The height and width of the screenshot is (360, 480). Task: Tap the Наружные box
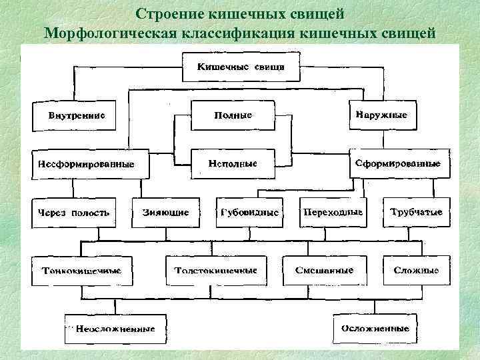click(382, 115)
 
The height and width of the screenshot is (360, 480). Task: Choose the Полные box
click(233, 115)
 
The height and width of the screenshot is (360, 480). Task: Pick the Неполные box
click(233, 163)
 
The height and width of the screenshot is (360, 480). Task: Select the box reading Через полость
click(73, 213)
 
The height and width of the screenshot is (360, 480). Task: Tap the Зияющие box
click(165, 213)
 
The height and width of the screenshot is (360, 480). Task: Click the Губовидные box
click(249, 213)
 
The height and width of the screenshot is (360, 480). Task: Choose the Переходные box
click(333, 213)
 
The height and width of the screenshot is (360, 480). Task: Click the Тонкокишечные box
click(81, 271)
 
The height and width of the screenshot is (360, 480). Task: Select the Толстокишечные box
click(215, 271)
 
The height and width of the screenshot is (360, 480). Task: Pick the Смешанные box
click(324, 271)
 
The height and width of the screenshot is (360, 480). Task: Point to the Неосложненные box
click(115, 329)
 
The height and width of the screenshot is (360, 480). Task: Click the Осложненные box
click(375, 328)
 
